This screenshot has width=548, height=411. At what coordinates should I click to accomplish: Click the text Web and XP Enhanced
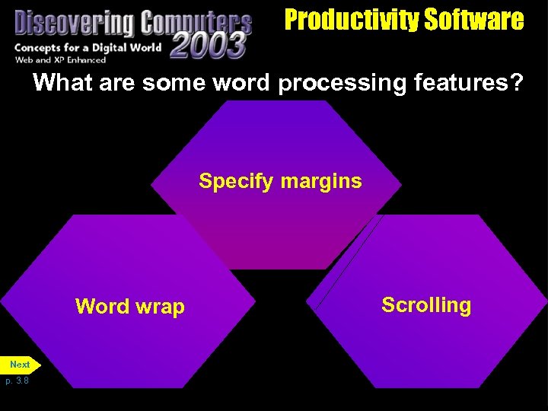pyautogui.click(x=61, y=60)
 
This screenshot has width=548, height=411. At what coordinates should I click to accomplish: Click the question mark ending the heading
pyautogui.click(x=518, y=82)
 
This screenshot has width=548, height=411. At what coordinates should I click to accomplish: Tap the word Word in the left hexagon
pyautogui.click(x=102, y=307)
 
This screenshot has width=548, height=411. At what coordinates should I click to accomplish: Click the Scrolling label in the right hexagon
pyautogui.click(x=426, y=305)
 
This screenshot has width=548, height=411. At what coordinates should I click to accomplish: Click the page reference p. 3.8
pyautogui.click(x=17, y=381)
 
